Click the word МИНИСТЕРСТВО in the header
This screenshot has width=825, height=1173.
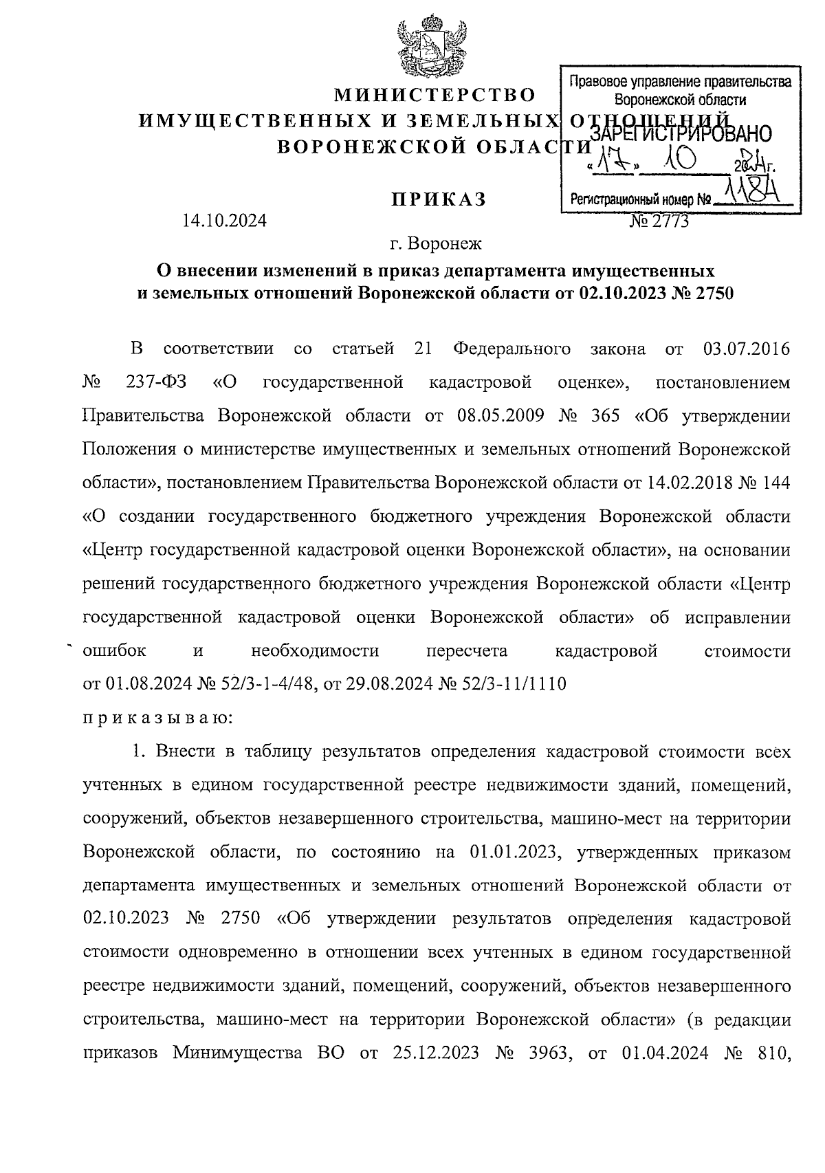pyautogui.click(x=434, y=94)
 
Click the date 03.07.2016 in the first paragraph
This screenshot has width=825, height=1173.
pyautogui.click(x=747, y=349)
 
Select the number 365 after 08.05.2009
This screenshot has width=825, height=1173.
pyautogui.click(x=606, y=416)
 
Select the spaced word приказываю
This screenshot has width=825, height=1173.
pyautogui.click(x=157, y=718)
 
